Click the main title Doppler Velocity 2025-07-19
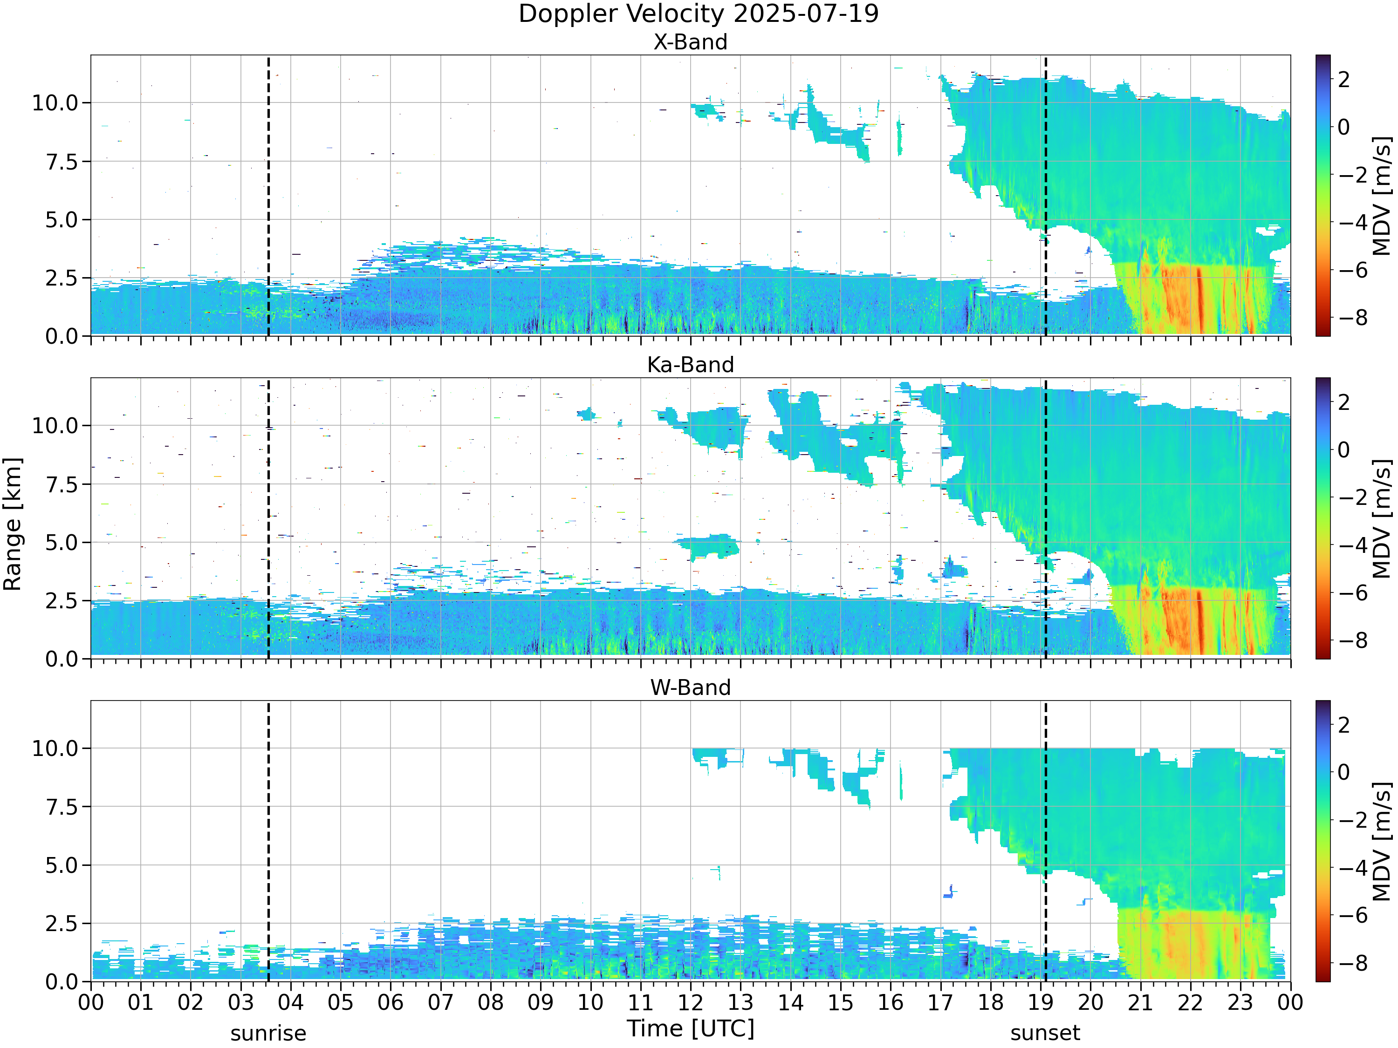699,14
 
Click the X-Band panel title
690,42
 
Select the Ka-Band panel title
690,365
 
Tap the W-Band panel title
690,688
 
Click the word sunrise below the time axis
268,1034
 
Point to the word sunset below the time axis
1045,1034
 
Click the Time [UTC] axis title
690,1029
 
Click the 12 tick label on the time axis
690,1002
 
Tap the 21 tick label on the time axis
1140,1002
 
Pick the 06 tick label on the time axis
390,1002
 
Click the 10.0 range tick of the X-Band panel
55,103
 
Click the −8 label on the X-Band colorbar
1352,317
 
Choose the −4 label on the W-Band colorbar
1352,867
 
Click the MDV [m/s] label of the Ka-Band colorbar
1383,518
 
